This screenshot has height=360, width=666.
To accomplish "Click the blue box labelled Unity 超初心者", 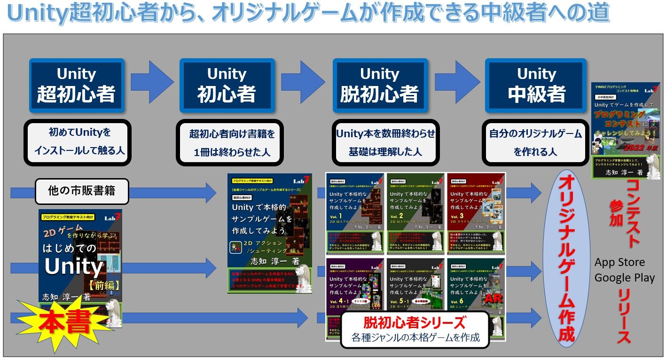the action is click(77, 85).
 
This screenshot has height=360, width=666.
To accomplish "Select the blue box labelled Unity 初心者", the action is click(227, 85).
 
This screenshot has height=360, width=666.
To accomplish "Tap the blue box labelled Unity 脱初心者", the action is click(379, 85).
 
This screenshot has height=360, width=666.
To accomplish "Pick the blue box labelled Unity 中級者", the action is click(536, 85).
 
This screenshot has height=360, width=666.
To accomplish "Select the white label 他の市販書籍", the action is click(82, 191).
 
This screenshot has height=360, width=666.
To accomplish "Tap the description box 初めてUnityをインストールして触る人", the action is click(77, 142).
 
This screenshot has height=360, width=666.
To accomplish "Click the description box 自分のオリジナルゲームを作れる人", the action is click(535, 142).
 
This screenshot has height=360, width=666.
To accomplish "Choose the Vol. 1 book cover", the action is click(355, 213).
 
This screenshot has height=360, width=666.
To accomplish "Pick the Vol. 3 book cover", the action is click(476, 213).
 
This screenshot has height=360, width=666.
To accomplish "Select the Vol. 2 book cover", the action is click(415, 213).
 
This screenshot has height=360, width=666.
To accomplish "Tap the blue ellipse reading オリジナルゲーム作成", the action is click(566, 258).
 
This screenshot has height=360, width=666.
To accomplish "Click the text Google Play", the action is click(624, 278).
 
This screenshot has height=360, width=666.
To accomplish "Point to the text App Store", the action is click(619, 262).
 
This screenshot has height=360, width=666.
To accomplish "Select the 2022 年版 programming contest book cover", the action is click(625, 130).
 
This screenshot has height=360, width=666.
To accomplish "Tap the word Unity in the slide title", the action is click(38, 14).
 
